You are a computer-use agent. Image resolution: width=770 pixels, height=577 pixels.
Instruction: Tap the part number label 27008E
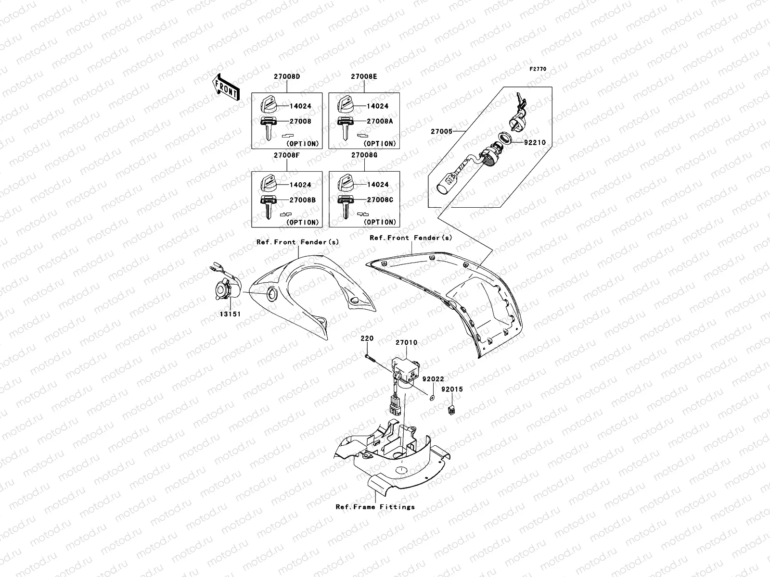364,76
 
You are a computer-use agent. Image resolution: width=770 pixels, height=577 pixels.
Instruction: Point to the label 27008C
380,200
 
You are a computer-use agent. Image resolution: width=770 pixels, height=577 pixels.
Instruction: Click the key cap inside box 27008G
346,183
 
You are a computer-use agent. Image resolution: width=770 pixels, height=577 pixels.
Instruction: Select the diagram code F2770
538,69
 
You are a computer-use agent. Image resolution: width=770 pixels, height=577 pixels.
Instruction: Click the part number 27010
406,343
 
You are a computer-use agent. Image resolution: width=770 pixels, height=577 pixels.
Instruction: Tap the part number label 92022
433,379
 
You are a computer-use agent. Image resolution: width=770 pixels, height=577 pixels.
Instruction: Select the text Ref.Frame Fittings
375,506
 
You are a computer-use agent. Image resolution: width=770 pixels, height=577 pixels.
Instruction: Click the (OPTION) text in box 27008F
302,222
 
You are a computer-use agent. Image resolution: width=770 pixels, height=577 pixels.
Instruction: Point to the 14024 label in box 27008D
301,106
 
